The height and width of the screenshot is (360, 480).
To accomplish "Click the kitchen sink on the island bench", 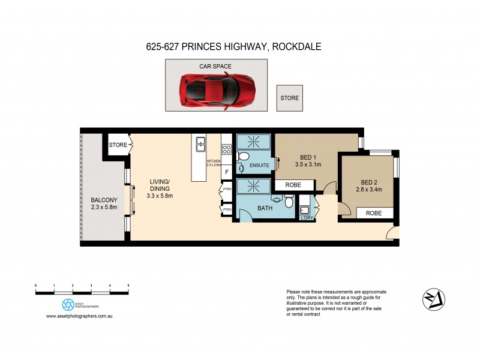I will pyautogui.click(x=199, y=145).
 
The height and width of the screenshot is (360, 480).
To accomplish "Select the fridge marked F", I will pyautogui.click(x=226, y=172).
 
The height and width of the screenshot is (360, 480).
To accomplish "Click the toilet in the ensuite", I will pyautogui.click(x=243, y=157).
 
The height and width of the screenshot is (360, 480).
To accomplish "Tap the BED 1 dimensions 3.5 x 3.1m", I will pyautogui.click(x=308, y=164).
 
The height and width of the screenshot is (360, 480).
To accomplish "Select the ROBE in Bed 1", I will pyautogui.click(x=293, y=185).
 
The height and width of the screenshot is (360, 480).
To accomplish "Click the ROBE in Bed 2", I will pyautogui.click(x=374, y=212).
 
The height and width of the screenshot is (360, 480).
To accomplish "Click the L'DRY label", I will pyautogui.click(x=306, y=218).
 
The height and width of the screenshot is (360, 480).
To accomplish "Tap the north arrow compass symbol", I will pyautogui.click(x=433, y=298).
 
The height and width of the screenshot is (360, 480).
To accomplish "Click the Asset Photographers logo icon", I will pyautogui.click(x=68, y=304).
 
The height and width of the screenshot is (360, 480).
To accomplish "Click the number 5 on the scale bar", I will pyautogui.click(x=128, y=286).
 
